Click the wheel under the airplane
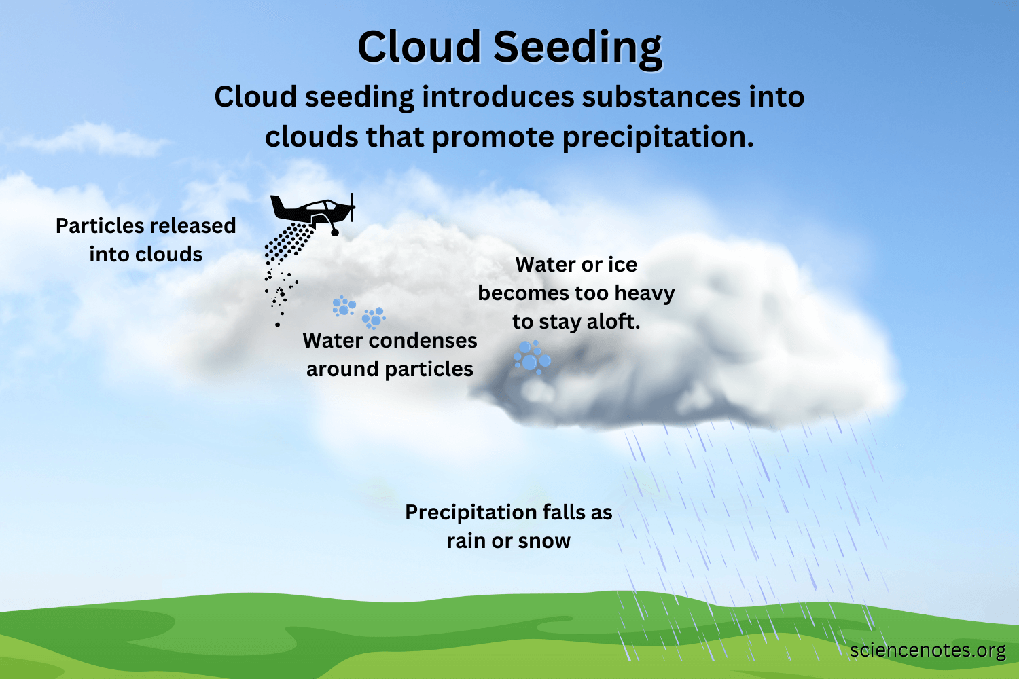point(334,232)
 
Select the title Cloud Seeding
point(509,48)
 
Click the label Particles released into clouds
point(145,240)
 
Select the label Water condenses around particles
point(389,354)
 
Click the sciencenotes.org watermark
point(927,650)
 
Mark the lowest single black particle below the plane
point(277,325)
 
